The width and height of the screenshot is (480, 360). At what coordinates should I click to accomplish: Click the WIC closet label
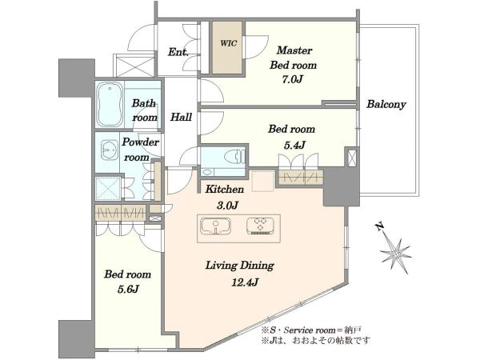pos(228,43)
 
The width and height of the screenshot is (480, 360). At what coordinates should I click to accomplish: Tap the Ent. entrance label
pos(178,52)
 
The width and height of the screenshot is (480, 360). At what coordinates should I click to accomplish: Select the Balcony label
pos(386,104)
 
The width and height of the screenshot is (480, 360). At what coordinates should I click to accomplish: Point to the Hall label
pos(181,117)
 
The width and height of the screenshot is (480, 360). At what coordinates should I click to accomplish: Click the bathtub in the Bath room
pos(110,105)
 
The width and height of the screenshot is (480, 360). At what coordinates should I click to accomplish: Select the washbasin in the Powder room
pos(110,150)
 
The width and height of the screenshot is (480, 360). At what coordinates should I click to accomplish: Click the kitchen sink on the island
pos(215,226)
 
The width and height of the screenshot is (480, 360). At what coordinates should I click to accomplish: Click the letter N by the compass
pos(379,226)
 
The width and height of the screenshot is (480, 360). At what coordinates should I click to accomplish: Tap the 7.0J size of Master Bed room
pos(292,80)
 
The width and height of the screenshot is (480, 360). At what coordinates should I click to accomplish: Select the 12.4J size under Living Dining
pos(245,282)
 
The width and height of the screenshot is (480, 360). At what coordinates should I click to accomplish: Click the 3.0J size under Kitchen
pos(227,205)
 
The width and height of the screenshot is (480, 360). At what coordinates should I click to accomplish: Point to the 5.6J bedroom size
pos(128,289)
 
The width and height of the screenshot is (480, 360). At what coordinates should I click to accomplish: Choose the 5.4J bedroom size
pos(294,145)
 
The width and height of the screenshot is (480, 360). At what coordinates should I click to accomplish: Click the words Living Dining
pos(239,265)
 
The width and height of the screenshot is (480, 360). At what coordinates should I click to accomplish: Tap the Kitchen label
pos(224,189)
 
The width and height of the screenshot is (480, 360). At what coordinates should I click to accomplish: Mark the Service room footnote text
pos(311,330)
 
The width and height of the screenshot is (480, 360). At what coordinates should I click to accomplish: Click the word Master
pos(294,50)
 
